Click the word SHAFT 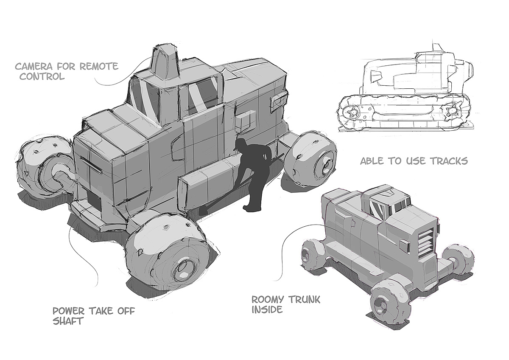point(67,321)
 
